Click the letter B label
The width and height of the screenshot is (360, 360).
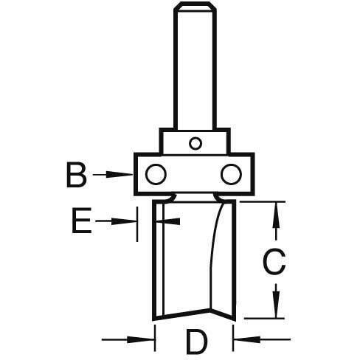(x=77, y=175)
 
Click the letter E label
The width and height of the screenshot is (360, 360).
(x=82, y=221)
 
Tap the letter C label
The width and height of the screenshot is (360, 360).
(x=274, y=262)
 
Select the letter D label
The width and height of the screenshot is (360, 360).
(x=197, y=342)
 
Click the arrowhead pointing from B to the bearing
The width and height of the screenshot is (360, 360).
(x=120, y=175)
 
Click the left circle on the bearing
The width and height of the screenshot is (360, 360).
(x=156, y=174)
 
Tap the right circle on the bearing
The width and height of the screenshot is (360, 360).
(x=231, y=174)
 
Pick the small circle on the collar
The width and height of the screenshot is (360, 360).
(x=195, y=143)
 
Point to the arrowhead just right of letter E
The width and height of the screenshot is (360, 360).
(x=124, y=221)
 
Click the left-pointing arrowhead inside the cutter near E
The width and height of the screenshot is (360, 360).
(x=169, y=221)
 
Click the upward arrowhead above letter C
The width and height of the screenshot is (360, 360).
(x=277, y=215)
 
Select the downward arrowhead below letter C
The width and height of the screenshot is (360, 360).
(x=277, y=305)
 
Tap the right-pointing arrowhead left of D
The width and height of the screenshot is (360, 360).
(x=141, y=340)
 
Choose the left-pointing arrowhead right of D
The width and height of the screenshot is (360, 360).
(x=247, y=340)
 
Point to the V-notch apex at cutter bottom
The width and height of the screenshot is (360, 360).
(x=210, y=309)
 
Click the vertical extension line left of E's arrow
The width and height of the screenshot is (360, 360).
(x=137, y=224)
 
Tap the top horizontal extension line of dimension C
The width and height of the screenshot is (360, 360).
(x=263, y=201)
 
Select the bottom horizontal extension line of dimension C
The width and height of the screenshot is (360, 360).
(x=264, y=319)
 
